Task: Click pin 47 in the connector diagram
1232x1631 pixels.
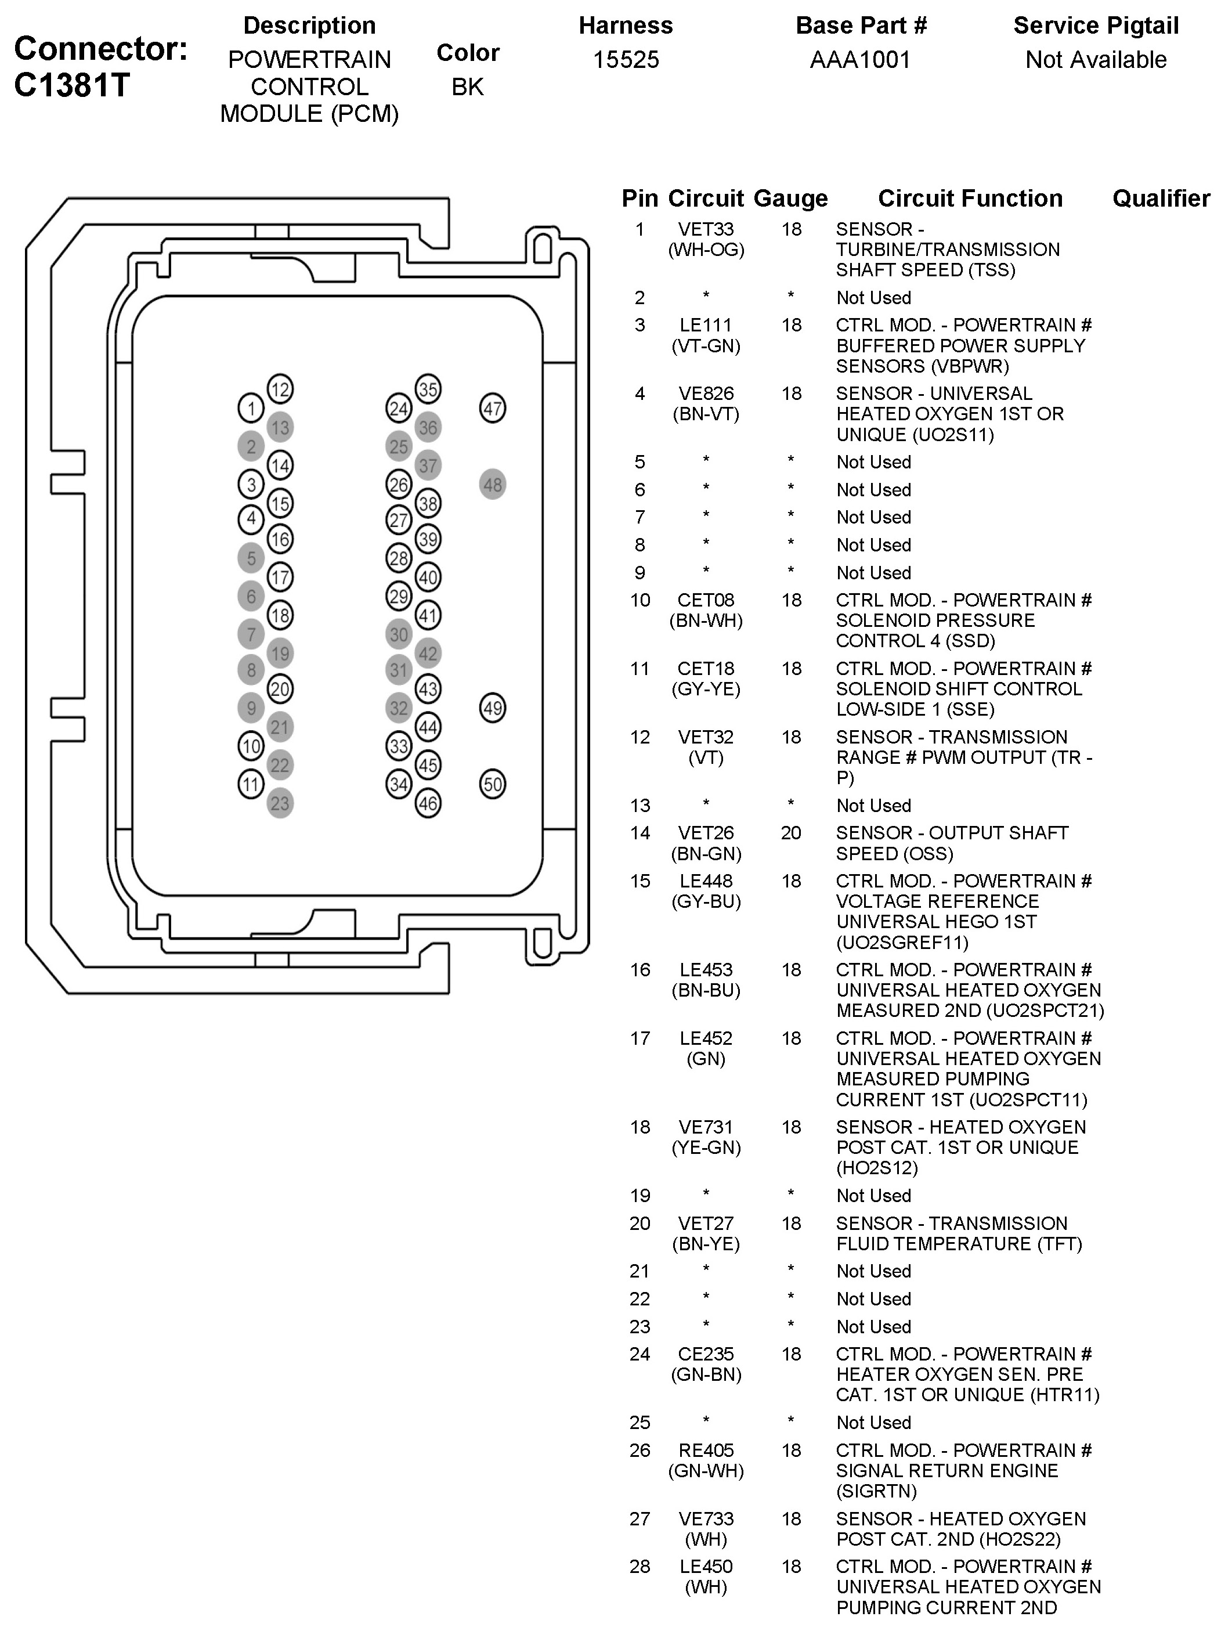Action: click(x=493, y=409)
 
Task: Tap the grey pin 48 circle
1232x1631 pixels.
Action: click(x=493, y=485)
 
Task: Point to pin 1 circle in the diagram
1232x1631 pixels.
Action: click(x=251, y=409)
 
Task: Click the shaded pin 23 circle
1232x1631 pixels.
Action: click(x=280, y=803)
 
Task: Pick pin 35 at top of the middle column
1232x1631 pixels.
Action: click(x=428, y=389)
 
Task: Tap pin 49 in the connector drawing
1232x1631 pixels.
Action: click(x=493, y=709)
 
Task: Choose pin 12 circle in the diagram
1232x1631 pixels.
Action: click(x=280, y=389)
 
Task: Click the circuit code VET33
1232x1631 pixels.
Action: click(x=706, y=229)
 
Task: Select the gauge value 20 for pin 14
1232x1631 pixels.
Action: click(x=791, y=833)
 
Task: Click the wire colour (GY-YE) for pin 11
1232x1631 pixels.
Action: click(x=706, y=690)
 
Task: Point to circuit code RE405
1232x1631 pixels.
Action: click(x=706, y=1450)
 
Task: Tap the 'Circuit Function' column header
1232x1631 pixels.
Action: click(x=970, y=199)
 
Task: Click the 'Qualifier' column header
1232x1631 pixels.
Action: click(x=1161, y=199)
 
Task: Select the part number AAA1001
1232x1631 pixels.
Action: click(x=861, y=60)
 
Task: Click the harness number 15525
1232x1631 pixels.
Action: click(x=626, y=60)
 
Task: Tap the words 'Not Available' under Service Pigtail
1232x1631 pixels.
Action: click(x=1096, y=60)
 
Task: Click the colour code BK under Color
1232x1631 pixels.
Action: click(x=467, y=87)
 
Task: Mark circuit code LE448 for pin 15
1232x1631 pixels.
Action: click(x=706, y=881)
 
